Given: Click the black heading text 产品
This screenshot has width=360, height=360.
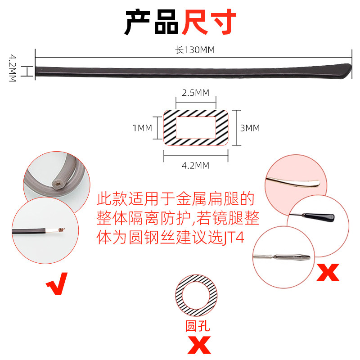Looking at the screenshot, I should click(151, 22).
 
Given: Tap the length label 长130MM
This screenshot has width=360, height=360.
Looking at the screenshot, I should click(195, 50).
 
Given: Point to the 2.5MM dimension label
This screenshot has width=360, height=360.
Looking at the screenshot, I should click(195, 93).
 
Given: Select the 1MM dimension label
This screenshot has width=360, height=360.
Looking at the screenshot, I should click(143, 128).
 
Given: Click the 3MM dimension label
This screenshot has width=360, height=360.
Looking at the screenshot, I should click(250, 128).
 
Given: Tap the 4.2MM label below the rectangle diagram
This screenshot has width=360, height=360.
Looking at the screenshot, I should click(195, 166).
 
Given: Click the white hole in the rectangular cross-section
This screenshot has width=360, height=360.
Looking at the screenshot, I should click(195, 128).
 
